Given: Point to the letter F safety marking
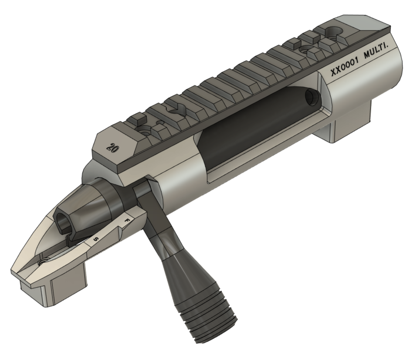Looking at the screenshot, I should click(x=127, y=220).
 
